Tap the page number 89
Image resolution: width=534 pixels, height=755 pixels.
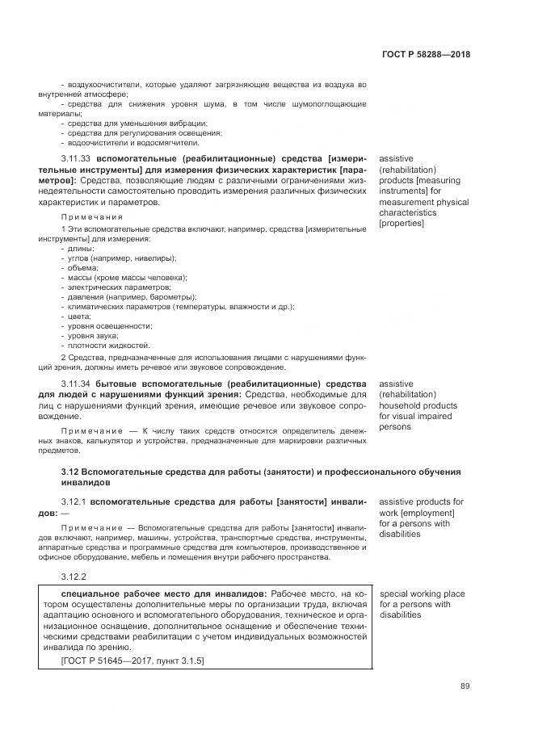(x=465, y=686)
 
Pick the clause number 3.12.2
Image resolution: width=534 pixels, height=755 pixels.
(x=73, y=577)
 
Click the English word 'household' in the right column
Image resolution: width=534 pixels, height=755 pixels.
(x=401, y=405)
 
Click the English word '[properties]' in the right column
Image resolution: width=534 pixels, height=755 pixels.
(x=401, y=223)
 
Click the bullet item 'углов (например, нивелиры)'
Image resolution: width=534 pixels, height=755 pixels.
(x=121, y=258)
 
